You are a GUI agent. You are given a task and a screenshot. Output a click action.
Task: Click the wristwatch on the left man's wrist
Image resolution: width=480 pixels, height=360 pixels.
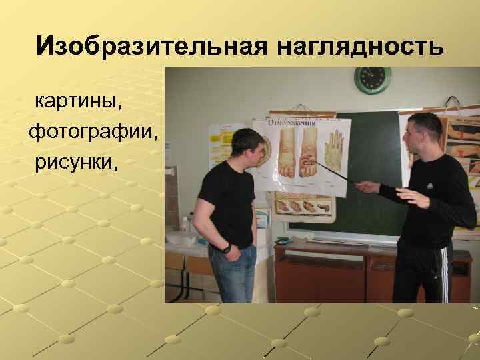click(x=227, y=249)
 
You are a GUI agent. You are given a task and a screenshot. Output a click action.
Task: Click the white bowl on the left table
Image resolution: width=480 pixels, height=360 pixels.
click(x=180, y=237)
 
